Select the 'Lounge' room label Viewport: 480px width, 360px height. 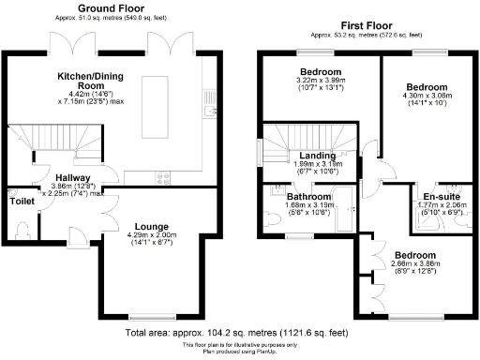(x=151, y=226)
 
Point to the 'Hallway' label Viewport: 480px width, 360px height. (x=72, y=177)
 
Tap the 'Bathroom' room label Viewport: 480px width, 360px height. (x=308, y=197)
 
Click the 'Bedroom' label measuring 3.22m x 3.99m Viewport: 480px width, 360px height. (x=320, y=72)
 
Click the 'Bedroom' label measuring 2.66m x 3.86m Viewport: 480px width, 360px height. (x=413, y=255)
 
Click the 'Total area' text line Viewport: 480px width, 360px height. (x=238, y=332)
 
